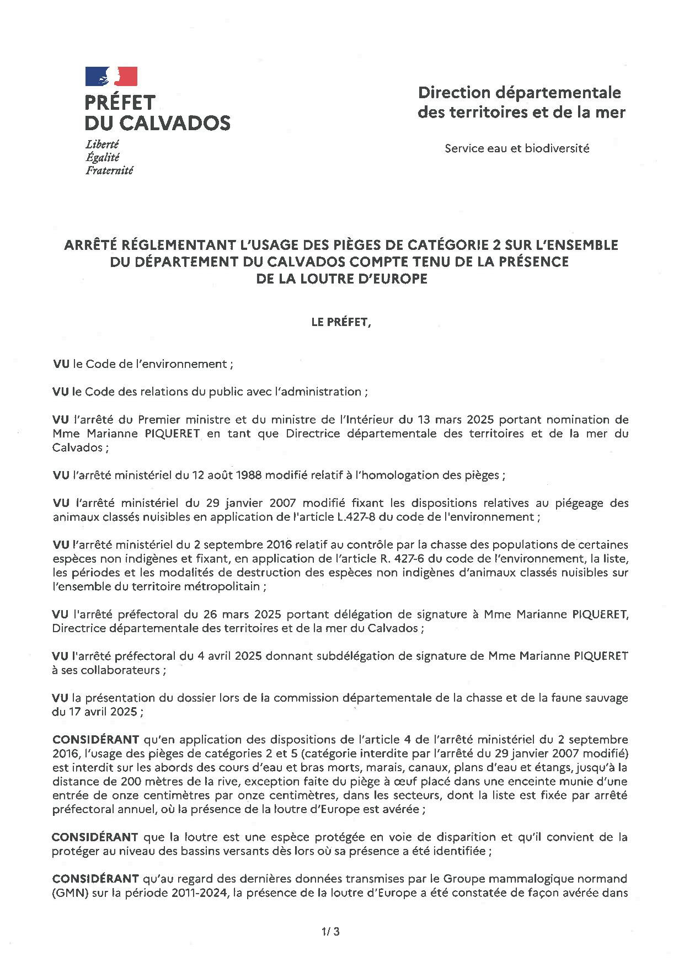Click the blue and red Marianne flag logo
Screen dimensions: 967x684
click(111, 76)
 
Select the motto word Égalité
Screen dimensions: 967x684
click(103, 157)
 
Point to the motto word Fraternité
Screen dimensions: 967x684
click(109, 170)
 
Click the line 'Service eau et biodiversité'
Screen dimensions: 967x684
click(517, 148)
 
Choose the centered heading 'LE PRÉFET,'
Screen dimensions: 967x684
click(341, 323)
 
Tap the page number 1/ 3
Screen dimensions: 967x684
click(330, 932)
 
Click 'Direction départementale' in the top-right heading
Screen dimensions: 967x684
click(519, 92)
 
